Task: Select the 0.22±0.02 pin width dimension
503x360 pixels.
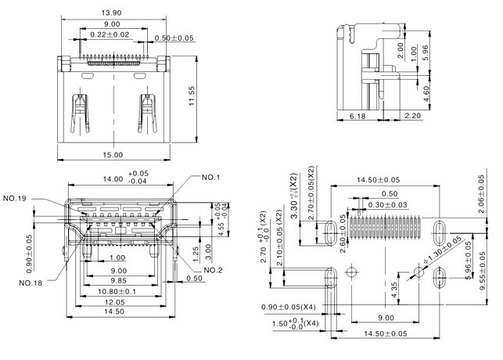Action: (109, 34)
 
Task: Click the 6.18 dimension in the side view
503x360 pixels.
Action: (357, 116)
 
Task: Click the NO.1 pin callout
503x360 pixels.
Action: (210, 177)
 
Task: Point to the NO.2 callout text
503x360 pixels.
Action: (214, 271)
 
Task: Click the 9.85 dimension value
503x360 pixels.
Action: (117, 279)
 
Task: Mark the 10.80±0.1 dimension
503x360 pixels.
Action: (118, 290)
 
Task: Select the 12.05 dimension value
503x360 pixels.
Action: (116, 301)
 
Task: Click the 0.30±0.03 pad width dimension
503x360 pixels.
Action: (389, 204)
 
